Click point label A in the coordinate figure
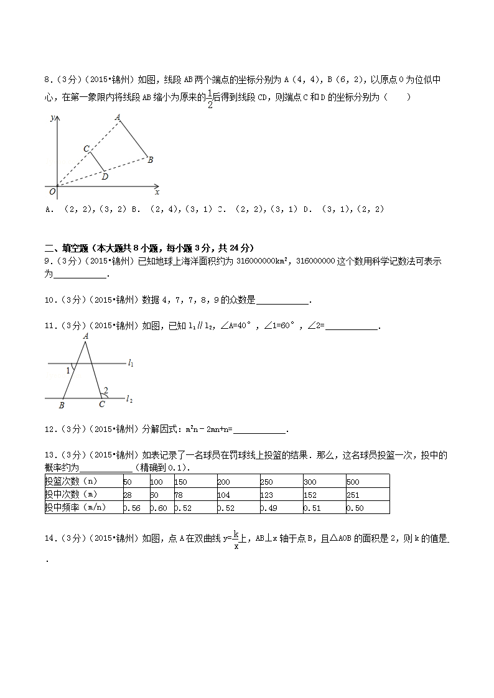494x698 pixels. (x=117, y=116)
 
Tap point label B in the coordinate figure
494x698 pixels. (x=150, y=160)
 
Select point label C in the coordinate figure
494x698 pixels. (x=86, y=149)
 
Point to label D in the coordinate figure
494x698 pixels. (x=105, y=177)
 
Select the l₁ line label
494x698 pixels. (x=131, y=362)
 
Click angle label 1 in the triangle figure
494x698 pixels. (x=68, y=371)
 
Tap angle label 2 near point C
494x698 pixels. (x=106, y=390)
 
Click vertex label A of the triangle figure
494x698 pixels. (x=86, y=336)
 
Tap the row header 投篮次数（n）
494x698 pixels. (x=71, y=481)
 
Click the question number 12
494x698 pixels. (x=50, y=429)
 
